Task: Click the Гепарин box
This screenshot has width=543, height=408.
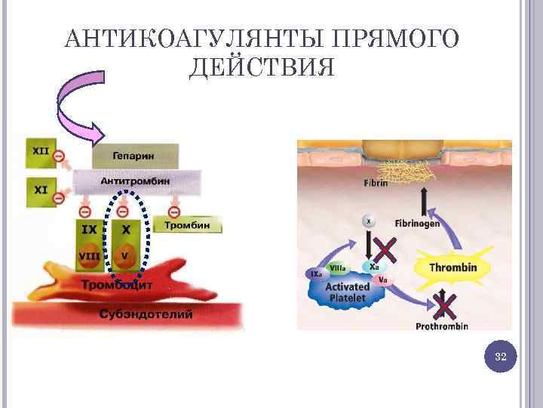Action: tap(135, 156)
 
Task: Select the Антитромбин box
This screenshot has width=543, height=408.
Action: tap(135, 181)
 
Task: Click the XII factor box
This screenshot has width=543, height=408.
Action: tap(40, 152)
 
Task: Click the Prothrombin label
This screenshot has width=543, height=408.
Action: tap(442, 326)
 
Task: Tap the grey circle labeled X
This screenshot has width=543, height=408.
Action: tap(368, 221)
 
